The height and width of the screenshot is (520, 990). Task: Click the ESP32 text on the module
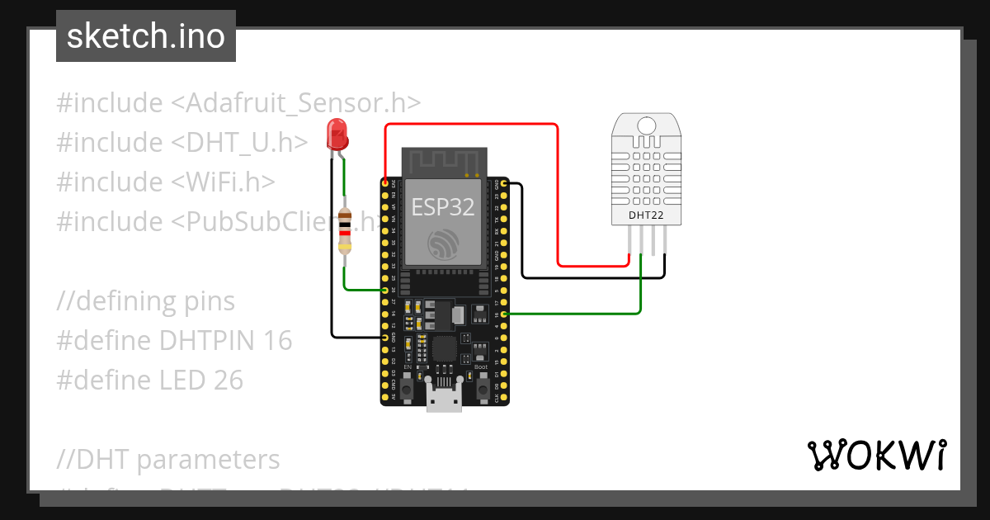coord(443,206)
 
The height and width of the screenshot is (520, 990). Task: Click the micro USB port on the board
coord(445,401)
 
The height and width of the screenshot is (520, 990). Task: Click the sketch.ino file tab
coord(146,36)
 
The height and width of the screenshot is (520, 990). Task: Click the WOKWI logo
coord(876,455)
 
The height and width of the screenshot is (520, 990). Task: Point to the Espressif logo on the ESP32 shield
coord(444,245)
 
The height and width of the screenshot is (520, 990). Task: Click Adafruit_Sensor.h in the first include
coord(296,103)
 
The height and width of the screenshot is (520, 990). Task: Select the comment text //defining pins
coord(146,301)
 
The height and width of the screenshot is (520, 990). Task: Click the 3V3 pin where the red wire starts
coord(385,182)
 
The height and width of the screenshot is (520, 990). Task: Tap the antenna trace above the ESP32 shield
coord(444,158)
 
